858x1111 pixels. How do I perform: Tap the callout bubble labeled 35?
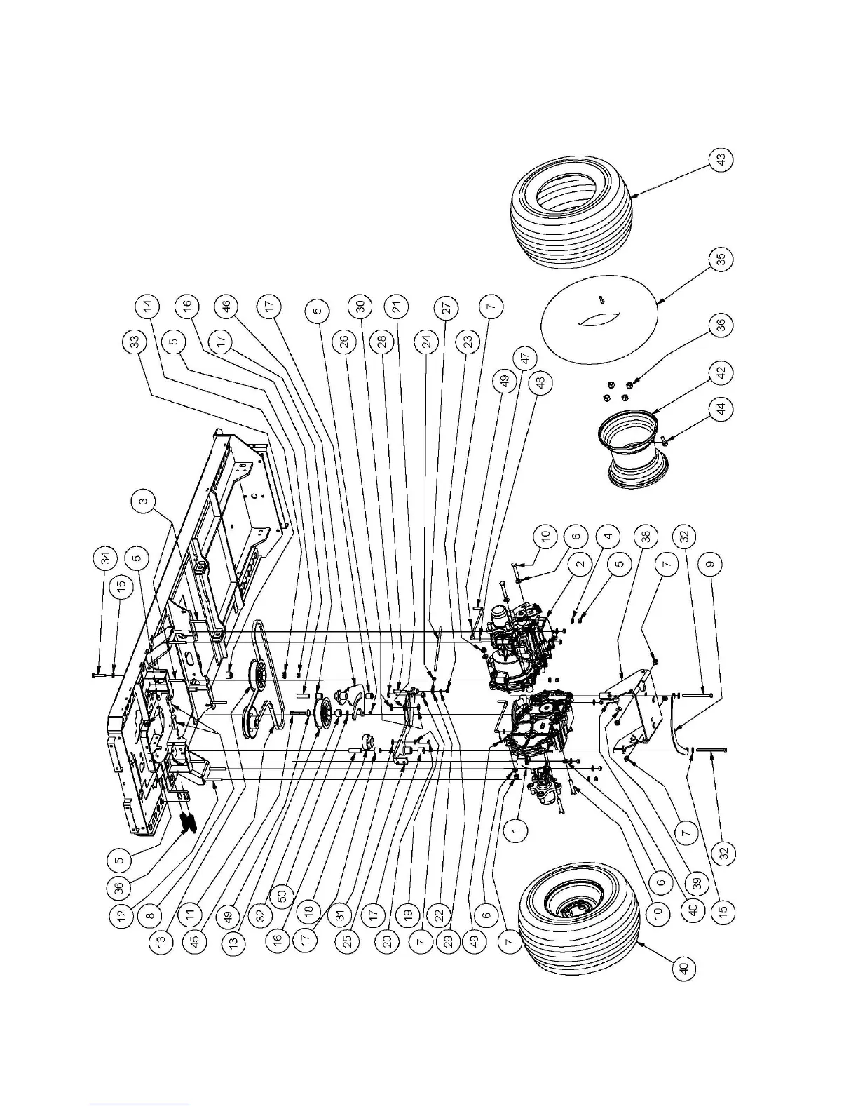click(723, 259)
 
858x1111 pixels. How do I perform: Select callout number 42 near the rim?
click(723, 370)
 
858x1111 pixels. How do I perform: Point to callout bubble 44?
click(723, 408)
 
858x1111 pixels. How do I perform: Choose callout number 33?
click(136, 342)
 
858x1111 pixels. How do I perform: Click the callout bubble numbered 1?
click(516, 830)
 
